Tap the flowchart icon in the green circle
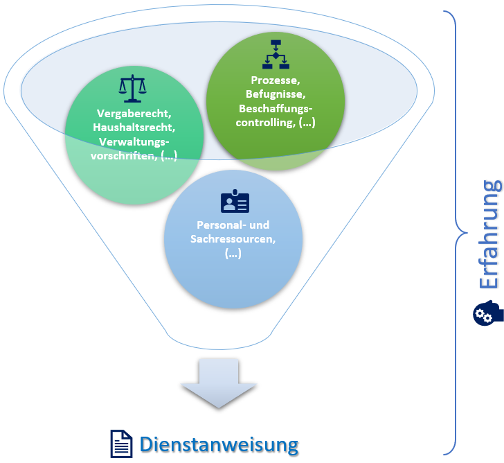pyautogui.click(x=276, y=55)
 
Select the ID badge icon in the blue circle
pyautogui.click(x=235, y=202)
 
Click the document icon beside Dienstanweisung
pyautogui.click(x=121, y=444)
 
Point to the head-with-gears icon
pyautogui.click(x=487, y=313)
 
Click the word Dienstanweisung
pyautogui.click(x=219, y=444)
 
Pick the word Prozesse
pyautogui.click(x=276, y=80)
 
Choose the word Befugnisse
pyautogui.click(x=276, y=94)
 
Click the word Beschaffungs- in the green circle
pyautogui.click(x=276, y=109)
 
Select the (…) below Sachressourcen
pyautogui.click(x=233, y=254)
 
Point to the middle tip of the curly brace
pyautogui.click(x=457, y=232)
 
